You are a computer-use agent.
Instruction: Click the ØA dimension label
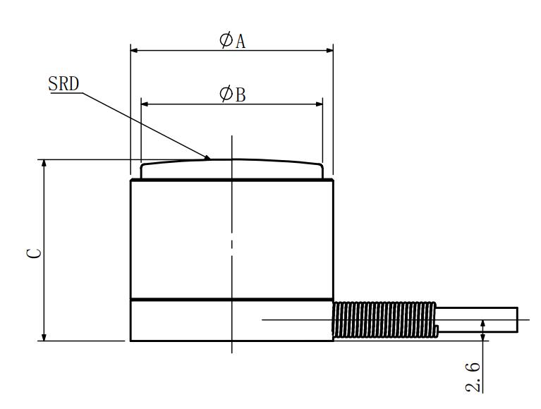point(232,40)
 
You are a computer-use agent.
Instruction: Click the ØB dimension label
point(232,94)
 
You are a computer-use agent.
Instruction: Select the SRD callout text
point(63,84)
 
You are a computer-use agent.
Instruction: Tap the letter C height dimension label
point(34,253)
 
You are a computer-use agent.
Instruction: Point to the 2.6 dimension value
point(473,377)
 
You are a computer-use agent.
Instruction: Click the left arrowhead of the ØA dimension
point(134,50)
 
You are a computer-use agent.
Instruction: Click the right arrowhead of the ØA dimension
point(329,50)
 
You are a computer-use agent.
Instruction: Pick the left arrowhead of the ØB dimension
point(145,104)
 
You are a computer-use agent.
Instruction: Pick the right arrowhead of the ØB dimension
point(319,104)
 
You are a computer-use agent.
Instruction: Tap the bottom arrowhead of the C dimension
point(44,337)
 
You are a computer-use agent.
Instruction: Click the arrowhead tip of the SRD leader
point(210,159)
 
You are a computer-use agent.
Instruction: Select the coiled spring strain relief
point(384,319)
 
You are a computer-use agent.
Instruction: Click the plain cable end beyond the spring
point(478,319)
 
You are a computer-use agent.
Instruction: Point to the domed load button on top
point(232,169)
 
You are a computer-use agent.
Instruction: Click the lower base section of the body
point(232,320)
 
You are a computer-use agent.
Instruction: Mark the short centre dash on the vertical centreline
point(232,244)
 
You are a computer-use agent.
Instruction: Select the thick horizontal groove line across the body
point(232,299)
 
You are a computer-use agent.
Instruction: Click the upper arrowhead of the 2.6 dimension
point(483,324)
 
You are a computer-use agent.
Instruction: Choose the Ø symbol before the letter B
point(226,94)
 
